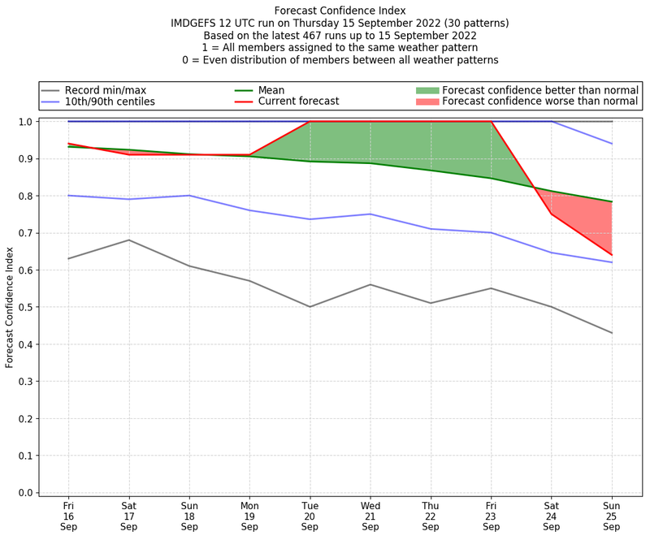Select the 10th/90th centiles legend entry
pos(109,102)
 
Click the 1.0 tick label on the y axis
pos(26,122)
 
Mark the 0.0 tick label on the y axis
pos(26,492)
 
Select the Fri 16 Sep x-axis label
pos(68,515)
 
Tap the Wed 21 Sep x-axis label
pos(370,515)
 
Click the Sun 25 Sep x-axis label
pos(612,515)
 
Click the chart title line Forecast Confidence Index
pos(340,11)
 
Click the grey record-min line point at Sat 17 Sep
pos(128,240)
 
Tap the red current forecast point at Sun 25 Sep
pos(612,255)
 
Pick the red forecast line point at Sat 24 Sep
pos(552,214)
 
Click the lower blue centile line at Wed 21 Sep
pos(370,214)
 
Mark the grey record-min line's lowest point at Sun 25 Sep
pos(612,333)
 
